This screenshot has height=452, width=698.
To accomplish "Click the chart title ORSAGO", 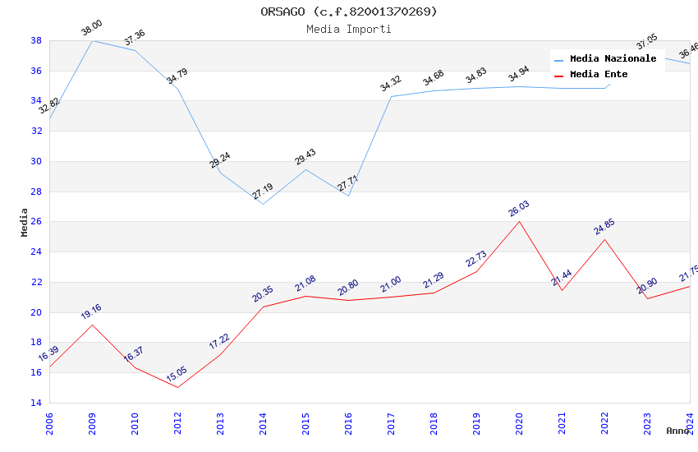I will (349, 12).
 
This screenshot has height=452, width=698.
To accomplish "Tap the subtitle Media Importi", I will (349, 29).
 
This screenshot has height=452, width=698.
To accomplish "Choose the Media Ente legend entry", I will (599, 74).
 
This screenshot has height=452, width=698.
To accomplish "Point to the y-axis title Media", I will (25, 222).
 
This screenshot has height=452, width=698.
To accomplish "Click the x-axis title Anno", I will (677, 431).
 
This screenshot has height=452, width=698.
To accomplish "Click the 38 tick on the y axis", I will (36, 40).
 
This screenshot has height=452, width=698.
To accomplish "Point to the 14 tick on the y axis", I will (36, 403).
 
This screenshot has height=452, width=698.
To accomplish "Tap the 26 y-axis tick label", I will (36, 222).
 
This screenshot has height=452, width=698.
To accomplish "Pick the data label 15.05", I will (177, 375).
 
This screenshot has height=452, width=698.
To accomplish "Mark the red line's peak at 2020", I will (519, 221).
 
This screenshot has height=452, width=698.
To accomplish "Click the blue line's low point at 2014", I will (263, 204).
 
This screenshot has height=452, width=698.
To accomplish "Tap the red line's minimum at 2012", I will (177, 387).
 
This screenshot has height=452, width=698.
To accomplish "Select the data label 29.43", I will (305, 157).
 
